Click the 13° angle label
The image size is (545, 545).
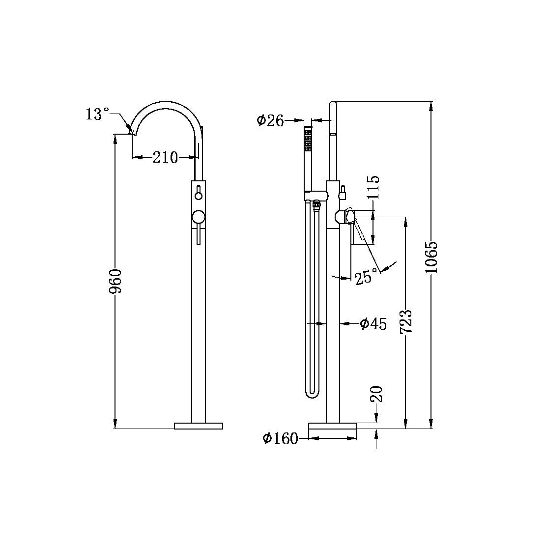(x=97, y=115)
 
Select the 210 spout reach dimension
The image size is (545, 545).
(x=165, y=158)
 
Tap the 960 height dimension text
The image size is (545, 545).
(x=116, y=281)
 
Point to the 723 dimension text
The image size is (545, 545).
(x=405, y=322)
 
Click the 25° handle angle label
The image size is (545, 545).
(x=367, y=278)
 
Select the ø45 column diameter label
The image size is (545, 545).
(x=373, y=323)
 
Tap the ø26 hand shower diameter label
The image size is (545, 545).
(x=271, y=120)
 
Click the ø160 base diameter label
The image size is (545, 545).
(x=280, y=438)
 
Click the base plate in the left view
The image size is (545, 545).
(x=199, y=426)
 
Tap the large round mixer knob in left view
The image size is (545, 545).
(x=199, y=217)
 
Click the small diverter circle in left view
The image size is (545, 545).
(x=199, y=196)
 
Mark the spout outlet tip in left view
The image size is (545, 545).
(x=132, y=132)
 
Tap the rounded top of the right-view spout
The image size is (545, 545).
(x=333, y=104)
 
